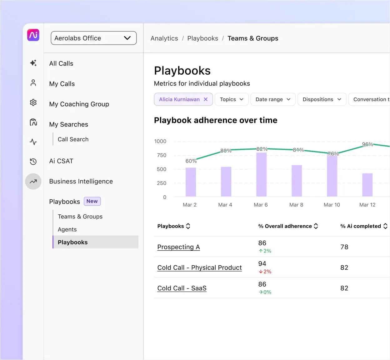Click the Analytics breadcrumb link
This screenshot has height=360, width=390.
[x=164, y=38]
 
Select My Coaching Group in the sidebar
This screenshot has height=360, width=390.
[x=79, y=104]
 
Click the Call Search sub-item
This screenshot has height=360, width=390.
[x=73, y=139]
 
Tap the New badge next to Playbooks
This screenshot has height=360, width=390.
[x=92, y=201]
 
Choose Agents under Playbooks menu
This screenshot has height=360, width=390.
[x=67, y=229]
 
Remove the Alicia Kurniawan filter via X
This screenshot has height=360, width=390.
[x=206, y=99]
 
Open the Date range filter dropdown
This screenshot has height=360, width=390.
[x=273, y=99]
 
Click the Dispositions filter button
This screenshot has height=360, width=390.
[x=322, y=99]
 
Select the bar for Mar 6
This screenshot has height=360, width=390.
[x=261, y=174]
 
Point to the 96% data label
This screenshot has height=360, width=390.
[x=367, y=144]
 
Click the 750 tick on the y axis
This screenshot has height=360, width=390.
[x=162, y=155]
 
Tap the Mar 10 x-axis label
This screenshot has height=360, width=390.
[x=332, y=205]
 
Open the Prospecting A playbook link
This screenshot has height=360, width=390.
[x=178, y=247]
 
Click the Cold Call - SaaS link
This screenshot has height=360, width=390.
[x=182, y=288]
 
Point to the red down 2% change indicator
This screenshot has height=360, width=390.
[x=265, y=272]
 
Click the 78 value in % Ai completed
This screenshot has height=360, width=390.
[x=344, y=247]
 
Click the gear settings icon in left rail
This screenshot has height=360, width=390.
[x=33, y=102]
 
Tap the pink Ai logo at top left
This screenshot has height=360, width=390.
[x=33, y=35]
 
